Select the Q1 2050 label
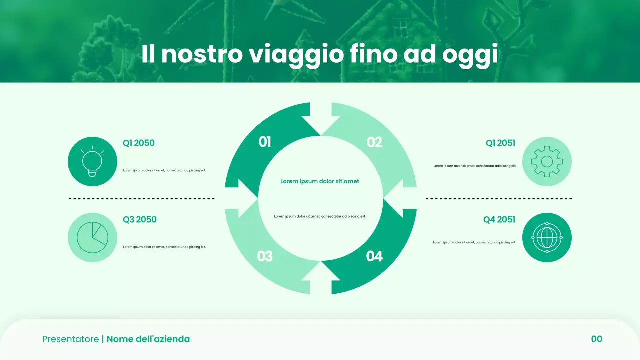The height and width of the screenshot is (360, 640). [139, 143]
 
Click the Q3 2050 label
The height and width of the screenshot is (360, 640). [140, 219]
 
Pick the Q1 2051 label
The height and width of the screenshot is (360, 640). [500, 143]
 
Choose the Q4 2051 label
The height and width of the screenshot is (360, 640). [499, 219]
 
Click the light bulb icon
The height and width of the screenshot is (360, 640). [92, 161]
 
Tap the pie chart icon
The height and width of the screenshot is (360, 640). [92, 237]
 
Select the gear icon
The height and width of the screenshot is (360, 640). [547, 161]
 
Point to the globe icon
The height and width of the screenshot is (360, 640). [547, 237]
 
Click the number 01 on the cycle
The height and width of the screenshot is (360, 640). [265, 142]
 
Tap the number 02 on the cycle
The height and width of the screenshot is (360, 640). [374, 142]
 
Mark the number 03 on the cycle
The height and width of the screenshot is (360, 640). [265, 256]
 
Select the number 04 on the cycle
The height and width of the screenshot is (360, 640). [374, 256]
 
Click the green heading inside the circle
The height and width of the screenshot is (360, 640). [320, 181]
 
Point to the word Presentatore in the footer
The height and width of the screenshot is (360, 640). [70, 339]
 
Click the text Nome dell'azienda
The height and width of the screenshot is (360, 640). [148, 339]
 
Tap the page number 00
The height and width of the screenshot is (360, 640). [597, 339]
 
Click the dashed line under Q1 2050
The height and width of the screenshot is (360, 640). [142, 199]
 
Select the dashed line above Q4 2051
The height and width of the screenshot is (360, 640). [499, 199]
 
